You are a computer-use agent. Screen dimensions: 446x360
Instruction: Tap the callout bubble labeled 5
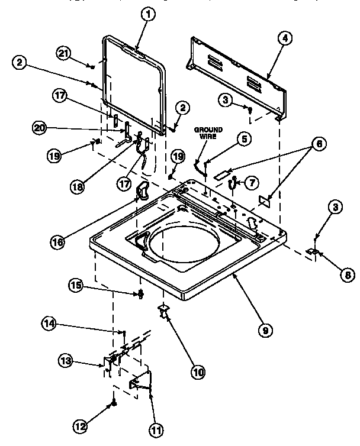244,139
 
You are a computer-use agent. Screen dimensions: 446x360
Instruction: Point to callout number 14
49,323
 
